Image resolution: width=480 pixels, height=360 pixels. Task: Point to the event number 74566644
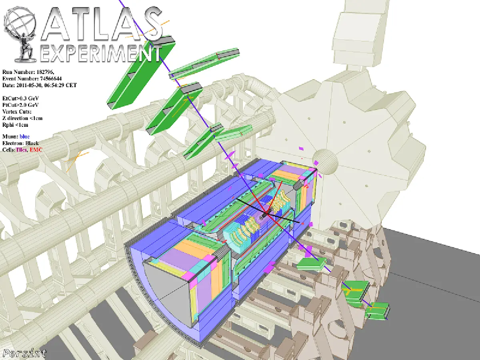point(51,78)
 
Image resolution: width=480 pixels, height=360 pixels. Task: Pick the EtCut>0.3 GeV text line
point(20,98)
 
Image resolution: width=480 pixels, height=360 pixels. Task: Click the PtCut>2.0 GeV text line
point(20,105)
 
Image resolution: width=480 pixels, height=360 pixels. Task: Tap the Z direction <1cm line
point(22,118)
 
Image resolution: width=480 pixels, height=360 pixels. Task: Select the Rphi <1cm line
point(15,125)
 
